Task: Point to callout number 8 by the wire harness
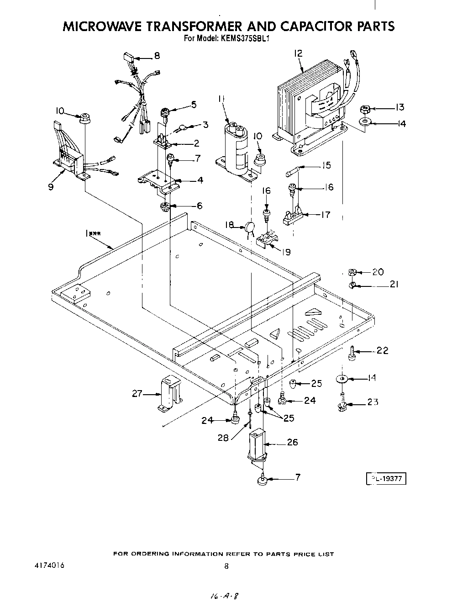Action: coord(157,56)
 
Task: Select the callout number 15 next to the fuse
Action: coord(326,165)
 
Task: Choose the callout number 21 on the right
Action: coord(394,284)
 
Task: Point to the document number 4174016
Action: coord(49,566)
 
